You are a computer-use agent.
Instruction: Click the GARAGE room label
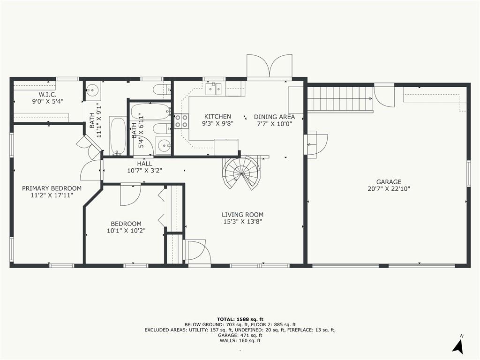pyautogui.click(x=389, y=182)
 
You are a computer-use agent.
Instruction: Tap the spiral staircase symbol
pyautogui.click(x=242, y=173)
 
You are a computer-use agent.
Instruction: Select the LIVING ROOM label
pyautogui.click(x=242, y=215)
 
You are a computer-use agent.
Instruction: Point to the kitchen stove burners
pyautogui.click(x=181, y=120)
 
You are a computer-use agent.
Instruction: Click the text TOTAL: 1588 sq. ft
pyautogui.click(x=240, y=319)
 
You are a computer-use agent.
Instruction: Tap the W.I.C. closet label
pyautogui.click(x=47, y=95)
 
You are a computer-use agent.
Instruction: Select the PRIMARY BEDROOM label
pyautogui.click(x=52, y=188)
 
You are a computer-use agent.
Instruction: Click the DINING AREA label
pyautogui.click(x=274, y=117)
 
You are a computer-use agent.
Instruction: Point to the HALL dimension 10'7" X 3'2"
pyautogui.click(x=144, y=171)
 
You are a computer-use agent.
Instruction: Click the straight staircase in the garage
pyautogui.click(x=340, y=98)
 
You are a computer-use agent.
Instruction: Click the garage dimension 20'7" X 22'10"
pyautogui.click(x=389, y=189)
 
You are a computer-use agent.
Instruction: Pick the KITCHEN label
pyautogui.click(x=217, y=117)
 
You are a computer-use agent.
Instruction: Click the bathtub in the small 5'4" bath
pyautogui.click(x=150, y=112)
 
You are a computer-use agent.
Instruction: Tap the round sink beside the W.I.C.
pyautogui.click(x=93, y=90)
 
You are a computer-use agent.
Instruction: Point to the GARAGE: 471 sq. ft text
pyautogui.click(x=240, y=335)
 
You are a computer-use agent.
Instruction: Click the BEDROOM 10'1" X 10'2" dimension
pyautogui.click(x=126, y=231)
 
